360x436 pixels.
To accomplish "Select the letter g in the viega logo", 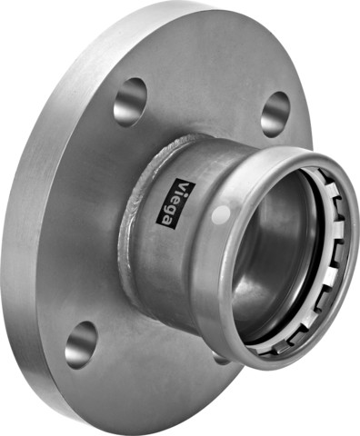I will pyautogui.click(x=184, y=213).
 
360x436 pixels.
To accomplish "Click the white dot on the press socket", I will pyautogui.click(x=220, y=215).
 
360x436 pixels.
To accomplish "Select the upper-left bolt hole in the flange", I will pyautogui.click(x=131, y=100).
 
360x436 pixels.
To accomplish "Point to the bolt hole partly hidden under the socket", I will pyautogui.click(x=221, y=359).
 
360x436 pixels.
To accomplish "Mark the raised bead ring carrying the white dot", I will pyautogui.click(x=218, y=236).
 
